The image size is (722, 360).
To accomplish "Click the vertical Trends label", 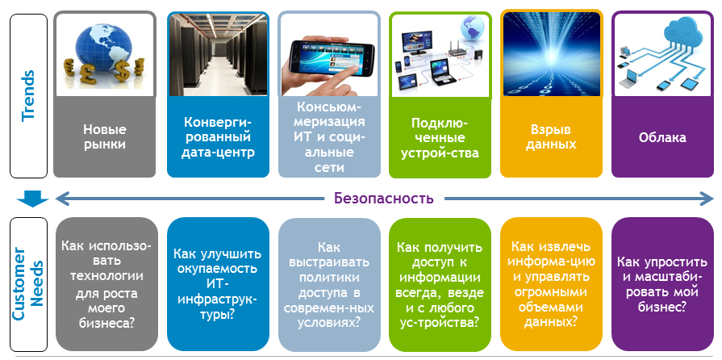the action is pyautogui.click(x=28, y=95).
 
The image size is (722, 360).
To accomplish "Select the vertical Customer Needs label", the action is pyautogui.click(x=28, y=283).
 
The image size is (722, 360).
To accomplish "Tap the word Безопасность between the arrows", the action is pyautogui.click(x=384, y=199).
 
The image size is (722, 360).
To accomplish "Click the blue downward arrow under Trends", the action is pyautogui.click(x=32, y=199).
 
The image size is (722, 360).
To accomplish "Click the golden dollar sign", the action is pyautogui.click(x=121, y=71).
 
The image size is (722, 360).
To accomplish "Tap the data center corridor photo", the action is pyautogui.click(x=218, y=54).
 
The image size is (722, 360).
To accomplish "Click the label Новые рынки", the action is pyautogui.click(x=105, y=136).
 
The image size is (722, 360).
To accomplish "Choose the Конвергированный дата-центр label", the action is pyautogui.click(x=218, y=137).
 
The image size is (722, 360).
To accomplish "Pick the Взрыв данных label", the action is pyautogui.click(x=551, y=136).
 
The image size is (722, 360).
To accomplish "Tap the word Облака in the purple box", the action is pyautogui.click(x=662, y=137).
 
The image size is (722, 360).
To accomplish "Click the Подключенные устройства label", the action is pyautogui.click(x=440, y=137).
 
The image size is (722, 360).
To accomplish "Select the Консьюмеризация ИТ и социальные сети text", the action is pyautogui.click(x=330, y=137).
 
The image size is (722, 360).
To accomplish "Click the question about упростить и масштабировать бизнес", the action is pyautogui.click(x=662, y=284).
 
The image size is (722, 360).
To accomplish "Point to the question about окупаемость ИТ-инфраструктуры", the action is pyautogui.click(x=218, y=284).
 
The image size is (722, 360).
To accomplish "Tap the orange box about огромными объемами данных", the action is pyautogui.click(x=551, y=284).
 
